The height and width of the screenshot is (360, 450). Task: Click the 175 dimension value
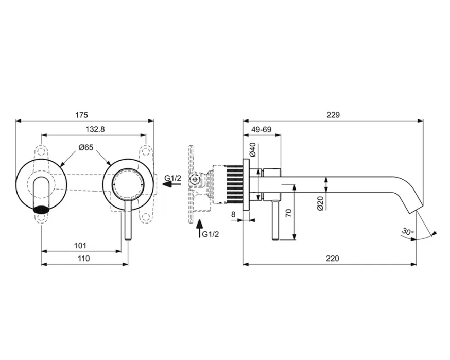81,115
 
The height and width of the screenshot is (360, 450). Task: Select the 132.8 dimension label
95,129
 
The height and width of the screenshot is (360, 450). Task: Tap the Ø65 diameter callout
86,147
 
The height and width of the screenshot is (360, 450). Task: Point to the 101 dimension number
80,246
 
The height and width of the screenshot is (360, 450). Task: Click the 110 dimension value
83,259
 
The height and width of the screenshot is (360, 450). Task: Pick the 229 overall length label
333,115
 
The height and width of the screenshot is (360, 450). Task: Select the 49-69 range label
262,129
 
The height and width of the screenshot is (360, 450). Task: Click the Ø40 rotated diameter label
253,149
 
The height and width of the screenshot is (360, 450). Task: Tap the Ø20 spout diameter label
321,203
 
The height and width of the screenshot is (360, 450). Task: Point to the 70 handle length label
289,213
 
